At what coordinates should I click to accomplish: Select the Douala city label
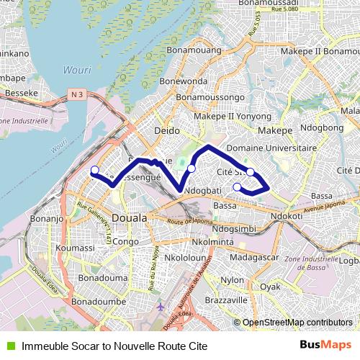pyautogui.click(x=130, y=217)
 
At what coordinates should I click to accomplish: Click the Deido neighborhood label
pyautogui.click(x=167, y=130)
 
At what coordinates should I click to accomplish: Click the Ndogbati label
pyautogui.click(x=202, y=191)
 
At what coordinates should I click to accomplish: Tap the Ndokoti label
pyautogui.click(x=286, y=216)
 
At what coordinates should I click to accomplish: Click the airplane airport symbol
pyautogui.click(x=160, y=307)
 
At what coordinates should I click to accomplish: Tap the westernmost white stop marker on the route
pyautogui.click(x=94, y=170)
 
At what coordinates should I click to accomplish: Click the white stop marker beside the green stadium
pyautogui.click(x=191, y=168)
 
